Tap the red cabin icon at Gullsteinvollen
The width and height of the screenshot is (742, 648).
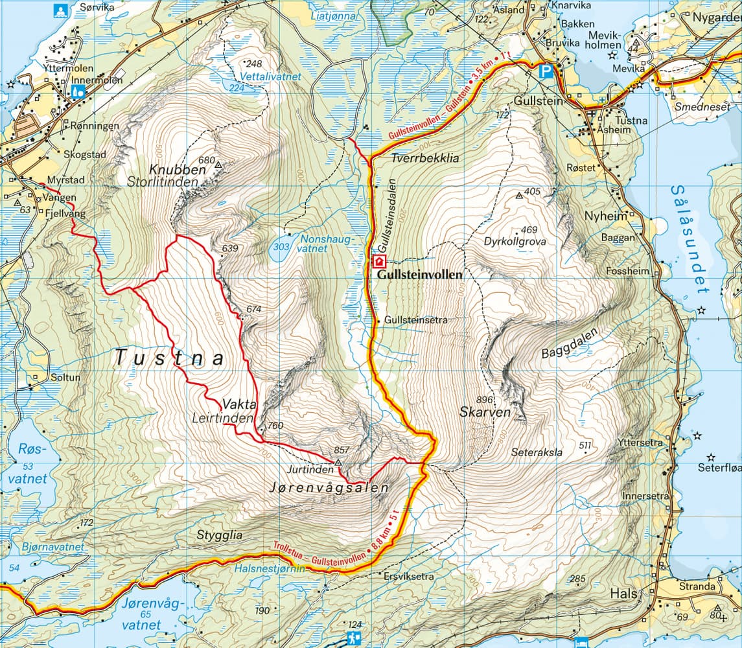click(x=378, y=261)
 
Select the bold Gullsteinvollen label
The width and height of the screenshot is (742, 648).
click(x=419, y=275)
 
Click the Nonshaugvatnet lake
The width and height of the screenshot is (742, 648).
click(x=281, y=248)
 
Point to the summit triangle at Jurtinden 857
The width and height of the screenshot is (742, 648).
click(x=338, y=462)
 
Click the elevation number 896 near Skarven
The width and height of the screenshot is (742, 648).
click(x=484, y=399)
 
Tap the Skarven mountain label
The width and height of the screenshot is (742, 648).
click(x=485, y=412)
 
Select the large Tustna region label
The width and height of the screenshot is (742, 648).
click(x=170, y=357)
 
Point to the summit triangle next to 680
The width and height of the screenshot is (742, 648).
click(x=218, y=165)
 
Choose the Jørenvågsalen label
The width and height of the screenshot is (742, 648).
click(x=328, y=488)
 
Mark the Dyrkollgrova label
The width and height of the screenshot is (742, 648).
click(x=515, y=241)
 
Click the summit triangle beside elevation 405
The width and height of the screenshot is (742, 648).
click(x=518, y=195)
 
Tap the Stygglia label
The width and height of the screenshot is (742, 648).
click(x=219, y=535)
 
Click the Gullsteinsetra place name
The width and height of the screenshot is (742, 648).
click(x=415, y=320)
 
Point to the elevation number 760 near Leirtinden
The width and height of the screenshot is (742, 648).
click(x=275, y=426)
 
